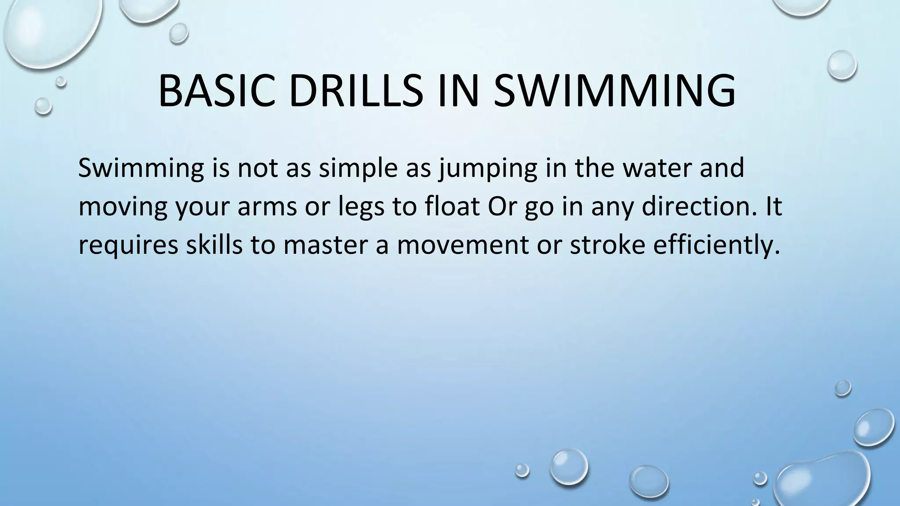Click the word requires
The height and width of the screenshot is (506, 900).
(128, 245)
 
